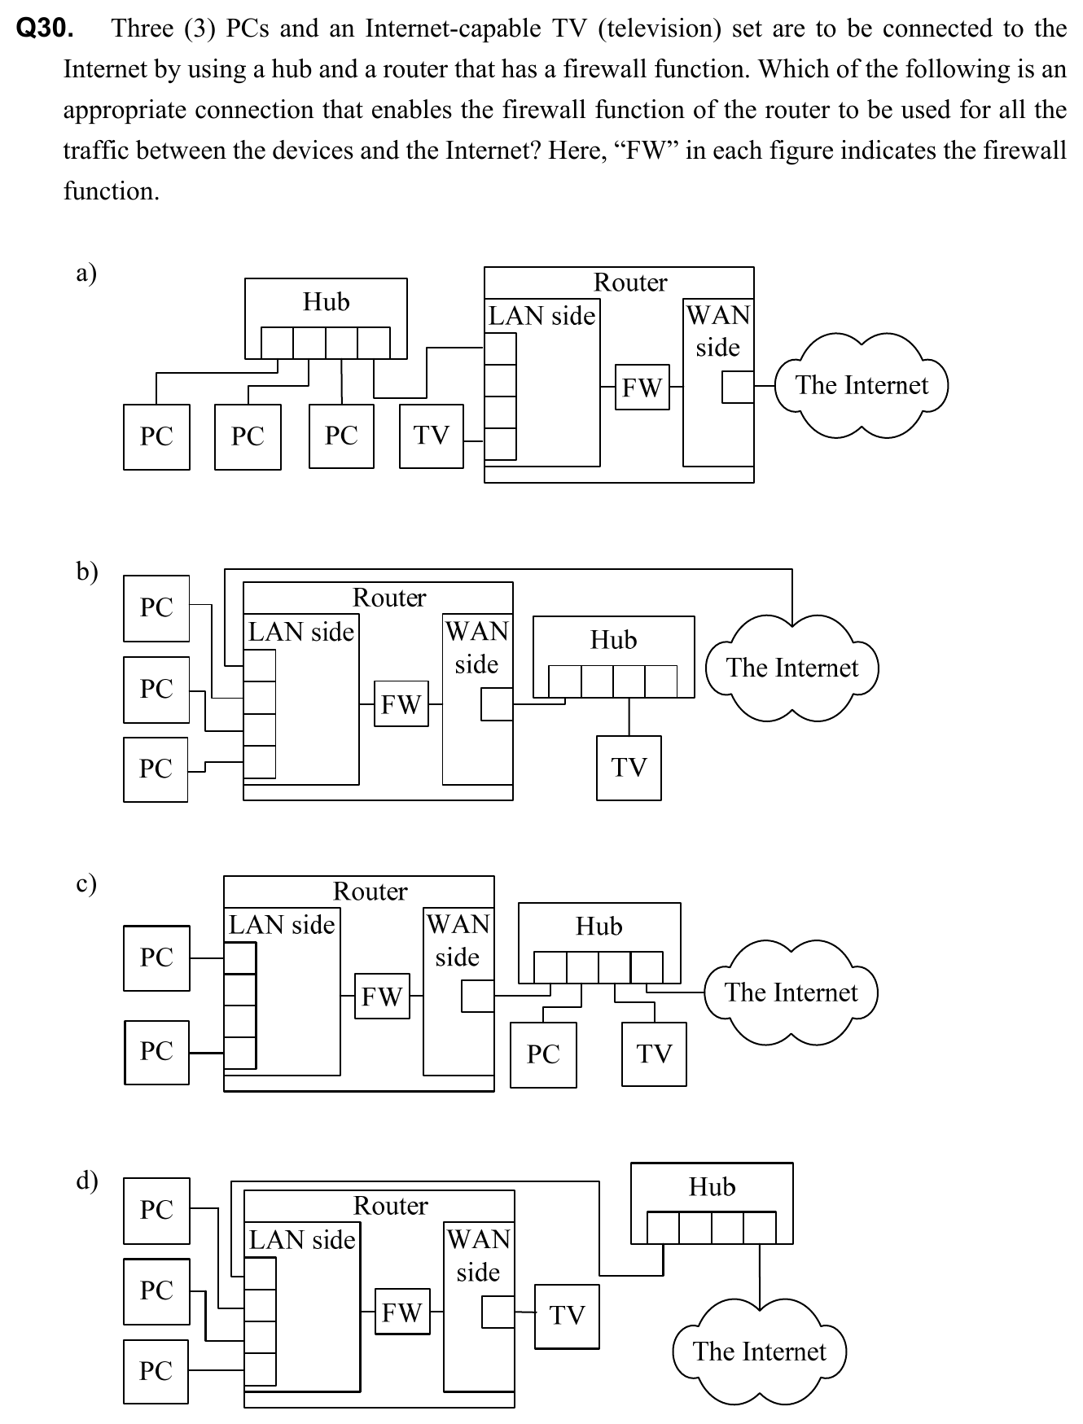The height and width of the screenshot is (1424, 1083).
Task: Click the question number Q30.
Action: pyautogui.click(x=45, y=28)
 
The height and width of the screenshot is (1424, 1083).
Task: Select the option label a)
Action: pyautogui.click(x=86, y=273)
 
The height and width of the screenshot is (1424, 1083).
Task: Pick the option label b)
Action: pyautogui.click(x=87, y=572)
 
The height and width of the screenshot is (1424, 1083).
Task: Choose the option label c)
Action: pyautogui.click(x=86, y=883)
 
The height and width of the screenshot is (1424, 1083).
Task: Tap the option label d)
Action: pyautogui.click(x=87, y=1180)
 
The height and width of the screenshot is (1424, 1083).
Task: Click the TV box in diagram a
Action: pyautogui.click(x=432, y=436)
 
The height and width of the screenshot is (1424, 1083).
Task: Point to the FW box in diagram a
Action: pyautogui.click(x=642, y=388)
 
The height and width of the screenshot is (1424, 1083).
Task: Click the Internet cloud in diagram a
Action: pyautogui.click(x=862, y=385)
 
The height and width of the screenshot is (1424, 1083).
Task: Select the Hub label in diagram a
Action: pyautogui.click(x=326, y=302)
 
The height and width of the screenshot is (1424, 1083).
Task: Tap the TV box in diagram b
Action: pyautogui.click(x=629, y=768)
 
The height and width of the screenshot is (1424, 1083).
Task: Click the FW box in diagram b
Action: pyautogui.click(x=401, y=704)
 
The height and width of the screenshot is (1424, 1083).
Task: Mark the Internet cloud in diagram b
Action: pyautogui.click(x=792, y=668)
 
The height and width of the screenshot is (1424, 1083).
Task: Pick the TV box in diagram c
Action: pyautogui.click(x=654, y=1054)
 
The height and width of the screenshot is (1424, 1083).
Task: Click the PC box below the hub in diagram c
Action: pyautogui.click(x=543, y=1054)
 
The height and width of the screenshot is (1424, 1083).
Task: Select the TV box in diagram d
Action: pyautogui.click(x=567, y=1316)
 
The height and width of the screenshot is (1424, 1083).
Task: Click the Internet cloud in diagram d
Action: pyautogui.click(x=759, y=1352)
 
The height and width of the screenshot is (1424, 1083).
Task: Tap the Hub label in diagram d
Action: pyautogui.click(x=712, y=1187)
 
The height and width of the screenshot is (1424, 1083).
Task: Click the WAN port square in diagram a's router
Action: pyautogui.click(x=738, y=388)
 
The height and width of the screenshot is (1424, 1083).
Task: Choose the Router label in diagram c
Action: pyautogui.click(x=370, y=892)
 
